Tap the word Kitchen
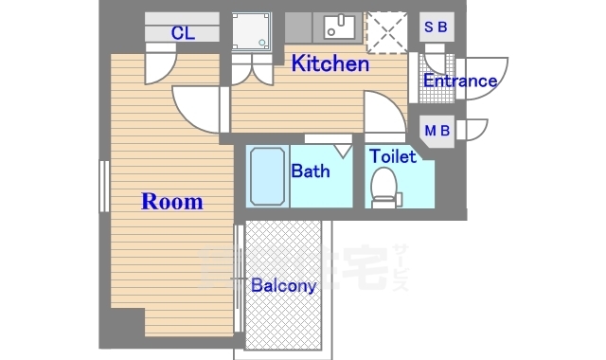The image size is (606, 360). click(x=329, y=64)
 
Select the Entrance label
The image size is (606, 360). click(x=459, y=81)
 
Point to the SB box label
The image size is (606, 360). click(x=436, y=27)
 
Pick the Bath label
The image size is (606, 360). click(x=310, y=171)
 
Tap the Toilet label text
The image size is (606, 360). click(x=392, y=155)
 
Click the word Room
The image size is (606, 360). click(x=171, y=202)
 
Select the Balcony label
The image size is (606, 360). click(x=283, y=285)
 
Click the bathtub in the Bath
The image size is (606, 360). click(x=266, y=177)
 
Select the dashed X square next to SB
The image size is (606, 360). click(x=389, y=32)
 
